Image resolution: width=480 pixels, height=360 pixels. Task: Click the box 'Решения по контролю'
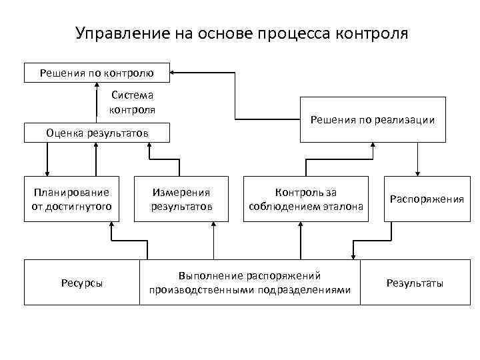tap(97, 72)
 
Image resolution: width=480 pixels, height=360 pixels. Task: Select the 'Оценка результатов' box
tap(97, 133)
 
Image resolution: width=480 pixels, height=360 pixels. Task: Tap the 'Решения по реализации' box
tap(373, 120)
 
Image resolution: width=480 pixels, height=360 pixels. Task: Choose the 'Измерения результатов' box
tap(181, 199)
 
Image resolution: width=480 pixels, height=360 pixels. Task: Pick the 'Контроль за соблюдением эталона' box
tap(306, 199)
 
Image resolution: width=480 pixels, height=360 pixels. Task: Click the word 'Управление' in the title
tap(115, 33)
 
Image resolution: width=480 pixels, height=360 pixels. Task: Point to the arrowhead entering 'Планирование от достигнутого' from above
tap(47, 172)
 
